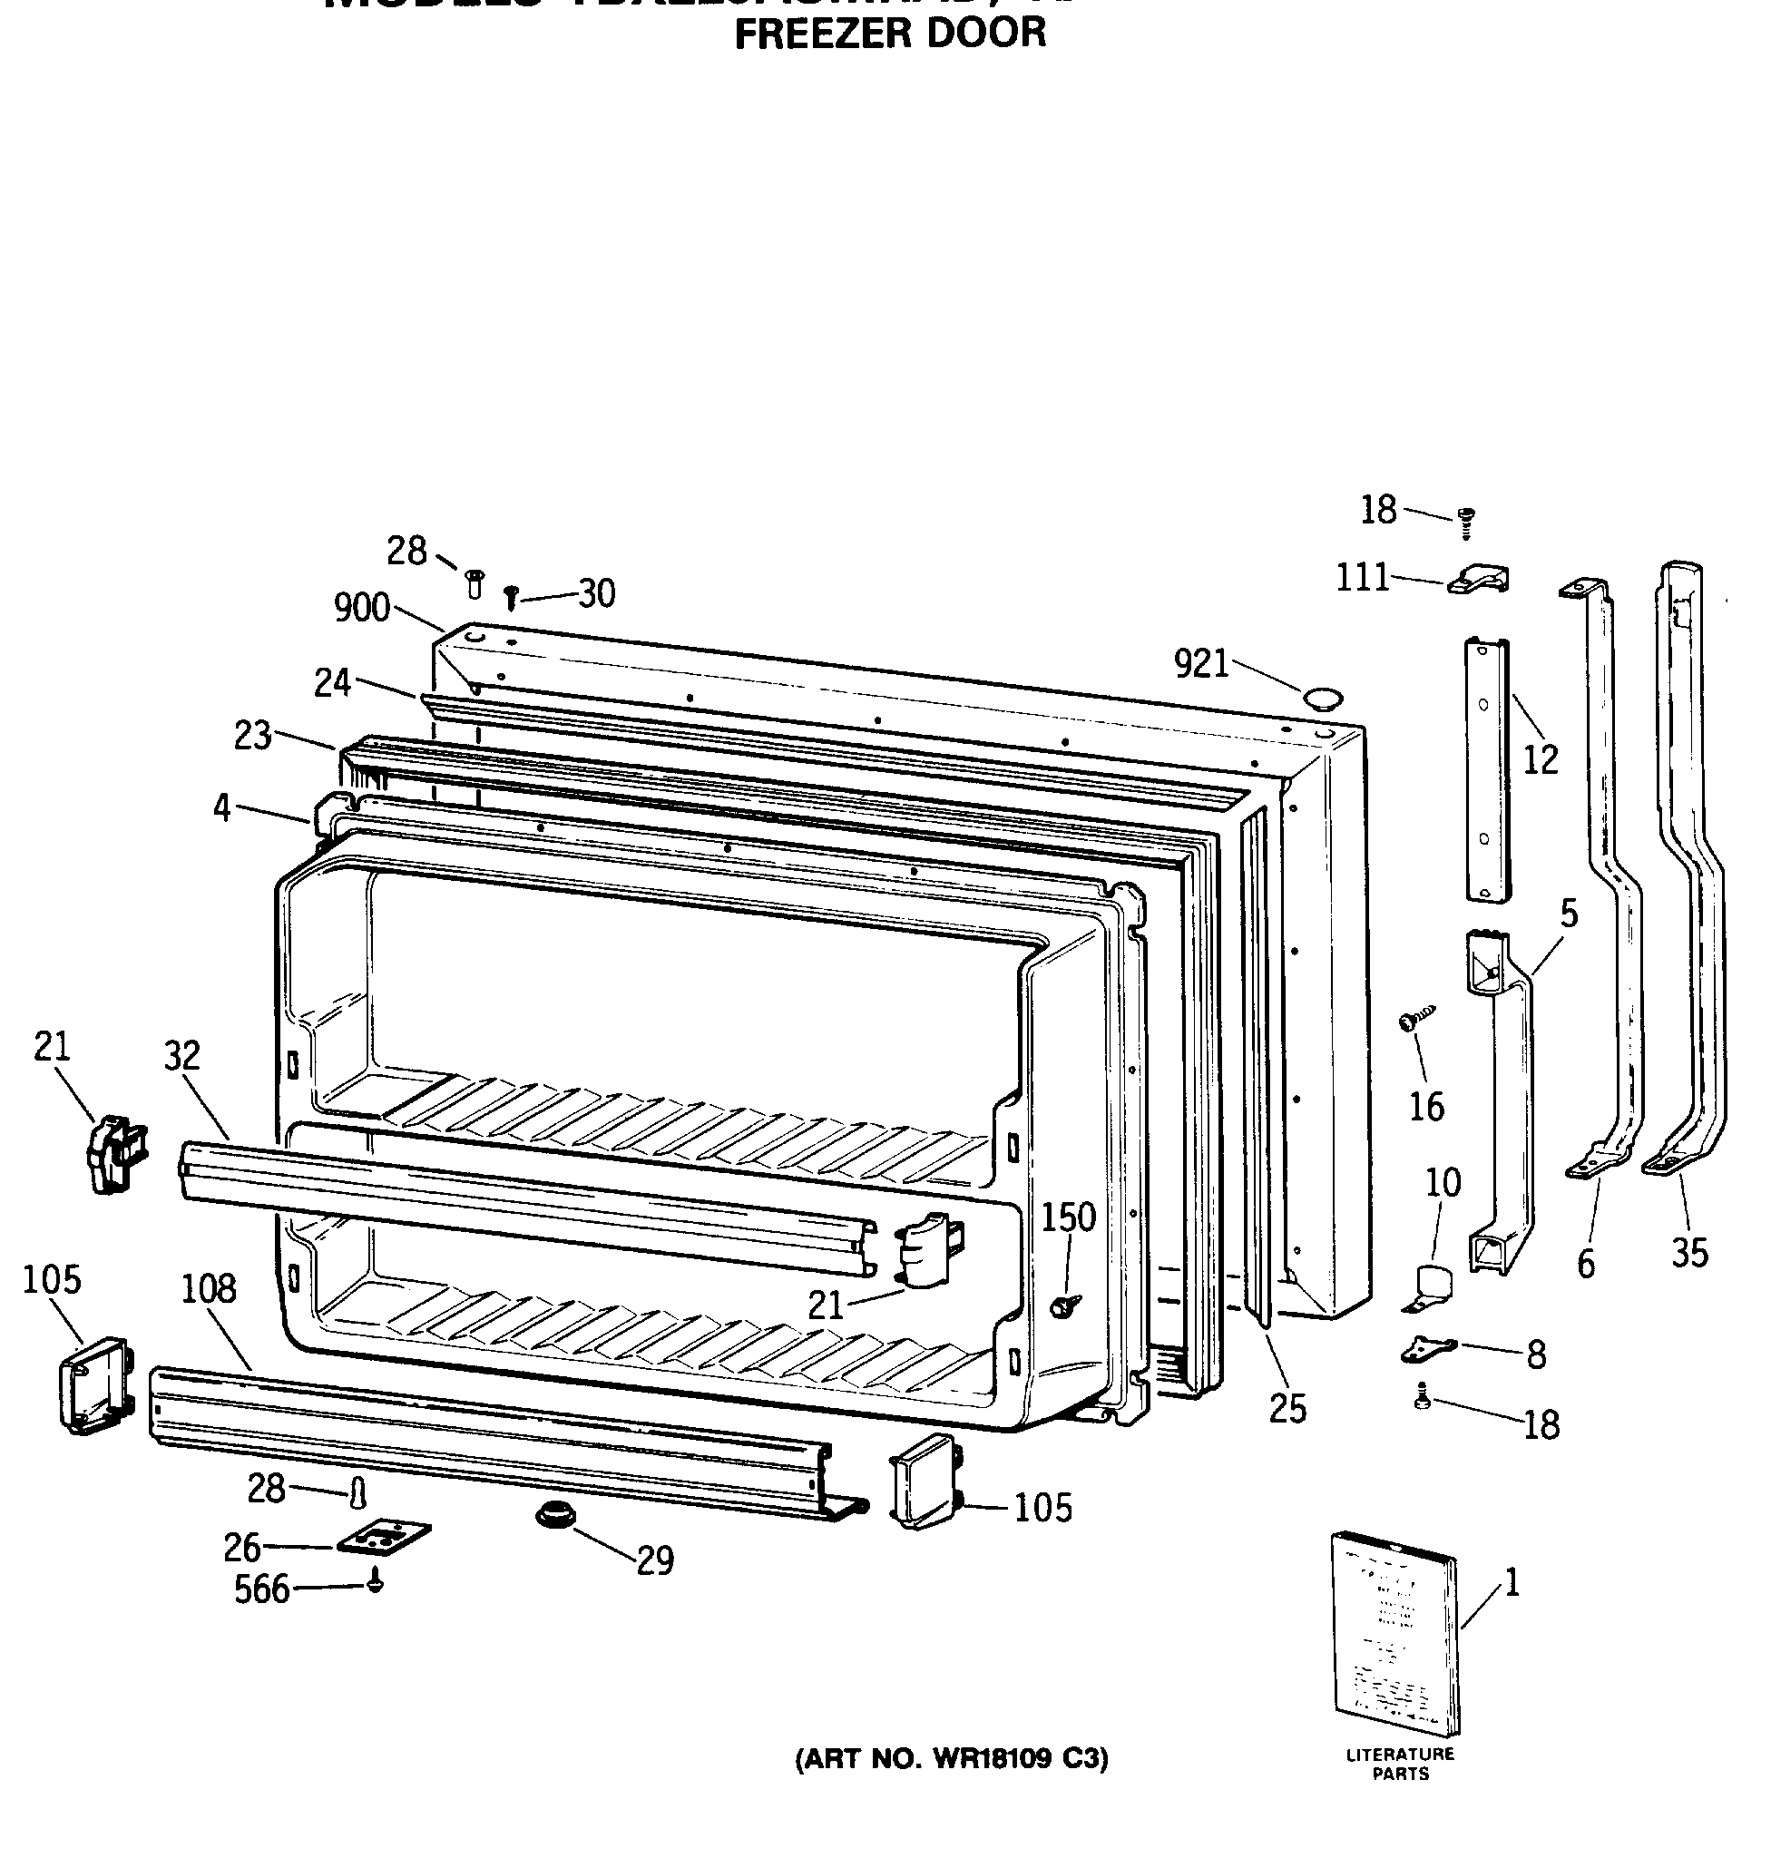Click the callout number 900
tap(362, 609)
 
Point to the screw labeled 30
tap(512, 597)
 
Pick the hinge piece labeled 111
tap(1479, 579)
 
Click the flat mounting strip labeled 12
tap(1487, 769)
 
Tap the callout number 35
tap(1690, 1254)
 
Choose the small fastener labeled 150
tap(1065, 1305)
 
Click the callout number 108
tap(209, 1288)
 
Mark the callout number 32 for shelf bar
tap(182, 1055)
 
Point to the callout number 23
tap(253, 736)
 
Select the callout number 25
tap(1287, 1410)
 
